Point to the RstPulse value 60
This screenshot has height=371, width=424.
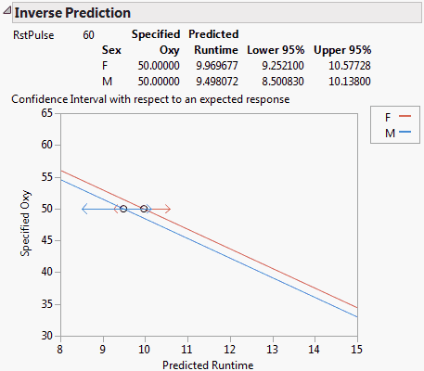[x=88, y=34]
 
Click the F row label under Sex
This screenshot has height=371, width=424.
[x=106, y=65]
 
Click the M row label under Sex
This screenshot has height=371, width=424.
[x=107, y=80]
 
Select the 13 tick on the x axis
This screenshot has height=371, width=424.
[x=272, y=349]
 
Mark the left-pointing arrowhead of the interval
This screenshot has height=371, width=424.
[x=84, y=209]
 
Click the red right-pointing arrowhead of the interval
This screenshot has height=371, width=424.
[x=168, y=209]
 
